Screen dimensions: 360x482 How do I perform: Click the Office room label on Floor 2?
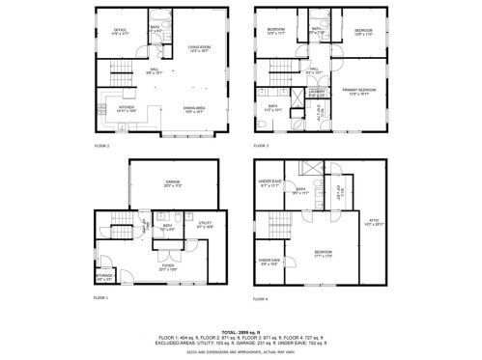[x=121, y=32]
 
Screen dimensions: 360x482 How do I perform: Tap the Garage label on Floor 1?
[x=175, y=183]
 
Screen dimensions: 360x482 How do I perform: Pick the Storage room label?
[x=104, y=278]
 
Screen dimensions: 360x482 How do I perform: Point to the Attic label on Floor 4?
[x=375, y=221]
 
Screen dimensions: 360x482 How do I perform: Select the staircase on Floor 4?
[x=280, y=232]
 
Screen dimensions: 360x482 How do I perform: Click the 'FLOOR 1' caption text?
[x=100, y=297]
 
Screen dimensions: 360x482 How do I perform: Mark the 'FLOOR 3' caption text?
[x=262, y=146]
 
